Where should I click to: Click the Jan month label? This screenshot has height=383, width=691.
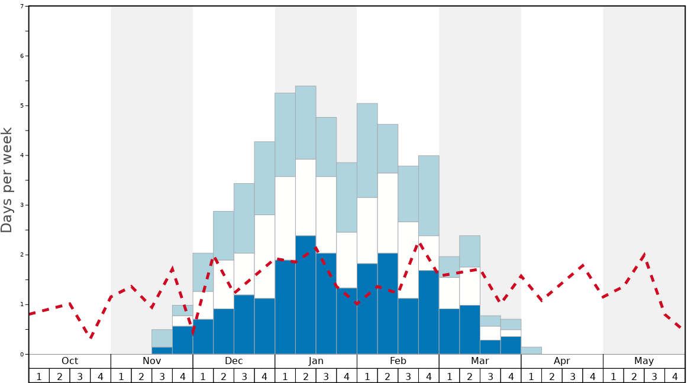[x=316, y=361]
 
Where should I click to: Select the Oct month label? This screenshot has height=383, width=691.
[x=70, y=361]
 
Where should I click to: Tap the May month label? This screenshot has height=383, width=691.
[x=644, y=361]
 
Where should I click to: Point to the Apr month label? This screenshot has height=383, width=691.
[x=561, y=361]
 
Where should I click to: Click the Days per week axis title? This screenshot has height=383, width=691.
[x=7, y=180]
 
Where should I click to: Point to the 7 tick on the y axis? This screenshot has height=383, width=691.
[x=22, y=7]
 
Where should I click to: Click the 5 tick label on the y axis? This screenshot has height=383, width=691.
[x=22, y=106]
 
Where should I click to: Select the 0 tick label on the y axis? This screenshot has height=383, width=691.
[x=22, y=355]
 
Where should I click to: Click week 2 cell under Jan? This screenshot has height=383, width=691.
[x=306, y=376]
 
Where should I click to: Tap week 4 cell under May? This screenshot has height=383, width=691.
[x=674, y=376]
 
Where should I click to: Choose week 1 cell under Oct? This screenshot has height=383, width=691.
[x=39, y=376]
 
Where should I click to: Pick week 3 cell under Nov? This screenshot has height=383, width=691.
[x=162, y=376]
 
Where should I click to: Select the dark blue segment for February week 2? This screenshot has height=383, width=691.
[x=388, y=303]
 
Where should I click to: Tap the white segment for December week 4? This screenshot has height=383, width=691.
[x=264, y=257]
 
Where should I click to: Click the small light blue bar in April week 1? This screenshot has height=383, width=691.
[x=531, y=350]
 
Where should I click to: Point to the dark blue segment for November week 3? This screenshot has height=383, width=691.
[x=162, y=350]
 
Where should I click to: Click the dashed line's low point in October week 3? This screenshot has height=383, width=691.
[x=91, y=337]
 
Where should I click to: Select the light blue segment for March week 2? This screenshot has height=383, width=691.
[x=470, y=251]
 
